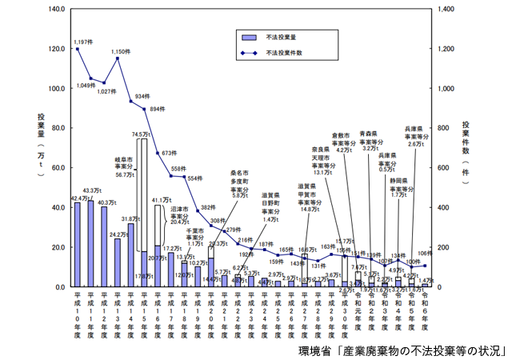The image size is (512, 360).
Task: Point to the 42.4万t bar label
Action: [x=79, y=198]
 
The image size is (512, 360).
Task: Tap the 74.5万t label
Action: [x=142, y=134]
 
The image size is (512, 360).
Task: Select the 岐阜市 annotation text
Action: [x=126, y=159]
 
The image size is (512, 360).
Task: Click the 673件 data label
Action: [x=169, y=153]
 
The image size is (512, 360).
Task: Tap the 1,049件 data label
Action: [x=86, y=85]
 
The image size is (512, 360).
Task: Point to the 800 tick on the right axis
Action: [x=440, y=128]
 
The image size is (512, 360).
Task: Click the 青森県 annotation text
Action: [x=369, y=134]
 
